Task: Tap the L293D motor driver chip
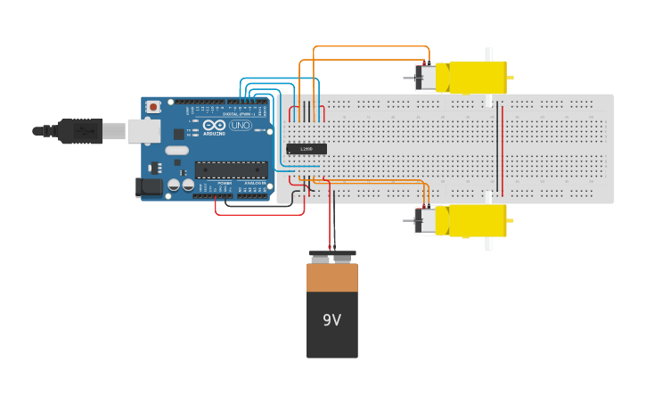[307, 149]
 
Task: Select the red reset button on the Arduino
[153, 107]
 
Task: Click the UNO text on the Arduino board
[241, 126]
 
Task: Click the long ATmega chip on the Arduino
[231, 169]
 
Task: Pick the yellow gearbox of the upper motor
[478, 78]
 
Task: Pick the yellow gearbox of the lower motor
[478, 220]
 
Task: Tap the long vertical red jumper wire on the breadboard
[502, 148]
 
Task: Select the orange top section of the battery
[332, 278]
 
